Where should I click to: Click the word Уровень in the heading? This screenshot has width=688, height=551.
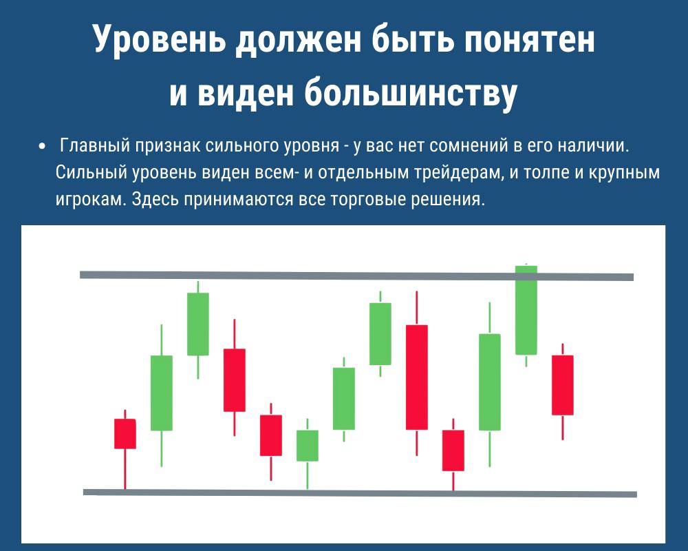[x=160, y=39]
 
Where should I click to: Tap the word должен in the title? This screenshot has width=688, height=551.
[x=297, y=39]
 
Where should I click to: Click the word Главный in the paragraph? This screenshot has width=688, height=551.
[x=95, y=145]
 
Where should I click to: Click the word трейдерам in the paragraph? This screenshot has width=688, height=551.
[x=455, y=173]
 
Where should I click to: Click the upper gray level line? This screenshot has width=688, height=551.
[x=356, y=276]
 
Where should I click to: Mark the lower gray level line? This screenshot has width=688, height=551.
[x=360, y=493]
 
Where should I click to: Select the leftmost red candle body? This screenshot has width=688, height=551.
[x=125, y=434]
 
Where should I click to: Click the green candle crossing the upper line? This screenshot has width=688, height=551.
[x=526, y=310]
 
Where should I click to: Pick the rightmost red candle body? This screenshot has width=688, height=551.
[x=563, y=385]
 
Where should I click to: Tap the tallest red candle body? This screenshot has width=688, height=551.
[x=417, y=377]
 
